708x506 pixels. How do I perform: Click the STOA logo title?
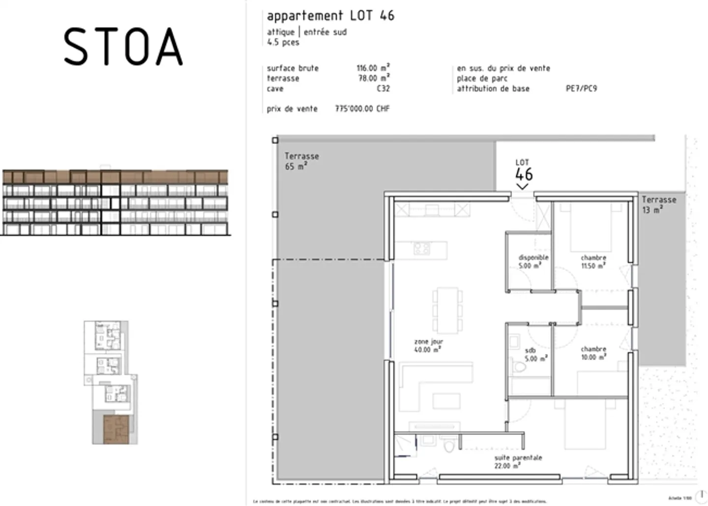click(123, 47)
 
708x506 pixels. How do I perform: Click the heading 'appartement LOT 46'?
click(330, 16)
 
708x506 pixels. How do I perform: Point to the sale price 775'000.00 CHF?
click(362, 109)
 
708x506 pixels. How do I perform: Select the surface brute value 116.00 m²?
click(373, 68)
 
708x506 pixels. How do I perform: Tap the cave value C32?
click(383, 89)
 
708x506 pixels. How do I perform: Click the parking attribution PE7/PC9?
click(581, 89)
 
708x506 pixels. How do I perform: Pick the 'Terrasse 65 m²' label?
click(301, 161)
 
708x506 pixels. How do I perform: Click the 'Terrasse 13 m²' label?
click(658, 205)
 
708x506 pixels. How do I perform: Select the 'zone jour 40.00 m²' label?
click(428, 346)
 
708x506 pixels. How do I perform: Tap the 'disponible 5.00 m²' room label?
click(533, 262)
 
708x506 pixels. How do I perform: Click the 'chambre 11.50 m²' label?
click(593, 262)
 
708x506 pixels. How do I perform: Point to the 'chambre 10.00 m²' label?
click(593, 353)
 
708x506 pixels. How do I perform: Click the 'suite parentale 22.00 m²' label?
click(518, 462)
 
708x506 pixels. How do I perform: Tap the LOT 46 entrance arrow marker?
click(522, 186)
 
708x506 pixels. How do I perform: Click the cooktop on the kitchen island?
click(422, 248)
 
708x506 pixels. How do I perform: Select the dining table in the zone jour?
click(447, 310)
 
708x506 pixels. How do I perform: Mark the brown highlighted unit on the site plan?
click(116, 429)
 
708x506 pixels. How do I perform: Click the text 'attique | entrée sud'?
click(307, 32)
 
